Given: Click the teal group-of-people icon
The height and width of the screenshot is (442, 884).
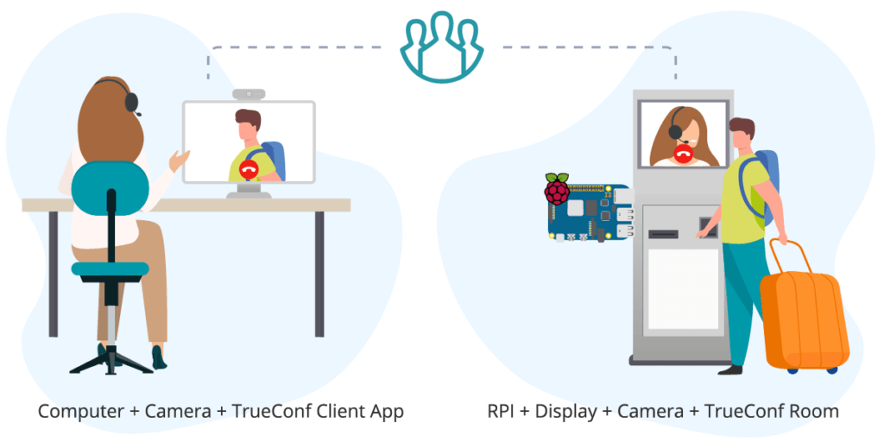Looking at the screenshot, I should tap(441, 47).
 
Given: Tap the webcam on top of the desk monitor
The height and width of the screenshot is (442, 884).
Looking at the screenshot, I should tap(249, 93).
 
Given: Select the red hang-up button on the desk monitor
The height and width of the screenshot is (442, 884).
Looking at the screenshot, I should tap(249, 169).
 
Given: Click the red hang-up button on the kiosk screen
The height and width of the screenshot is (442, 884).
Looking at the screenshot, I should tap(685, 155).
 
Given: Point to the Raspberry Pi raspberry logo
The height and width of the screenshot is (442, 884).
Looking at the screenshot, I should tap(557, 188).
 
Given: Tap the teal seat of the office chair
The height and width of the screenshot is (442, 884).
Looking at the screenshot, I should tap(110, 269).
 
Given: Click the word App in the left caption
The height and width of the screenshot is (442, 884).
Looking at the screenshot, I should tap(386, 411).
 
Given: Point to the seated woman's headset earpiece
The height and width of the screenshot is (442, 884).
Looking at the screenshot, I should tap(131, 102).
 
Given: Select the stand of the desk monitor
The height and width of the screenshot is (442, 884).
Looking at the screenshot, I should tap(249, 191).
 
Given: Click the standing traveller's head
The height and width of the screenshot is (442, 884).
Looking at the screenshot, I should tap(741, 135).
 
